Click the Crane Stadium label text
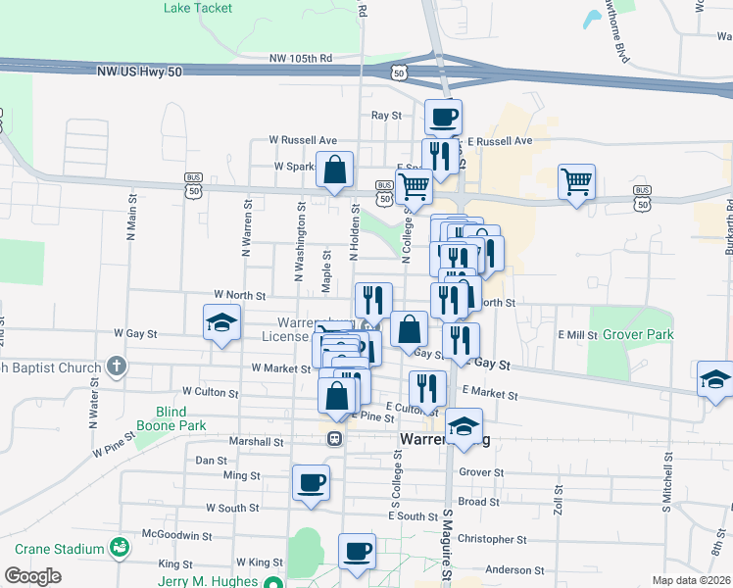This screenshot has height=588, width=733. [53, 547]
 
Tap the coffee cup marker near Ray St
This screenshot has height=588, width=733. [443, 118]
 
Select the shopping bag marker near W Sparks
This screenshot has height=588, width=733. [336, 169]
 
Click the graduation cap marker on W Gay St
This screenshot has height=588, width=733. [222, 321]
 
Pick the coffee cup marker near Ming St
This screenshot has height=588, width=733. [312, 482]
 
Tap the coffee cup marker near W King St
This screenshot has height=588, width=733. [358, 551]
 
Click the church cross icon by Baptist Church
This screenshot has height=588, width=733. [117, 367]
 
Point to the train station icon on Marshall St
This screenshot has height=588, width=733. [334, 440]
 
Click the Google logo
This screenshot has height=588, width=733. [33, 576]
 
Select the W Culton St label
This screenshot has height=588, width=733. [205, 391]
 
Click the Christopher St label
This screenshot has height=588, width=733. [492, 539]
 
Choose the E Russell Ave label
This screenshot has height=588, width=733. [499, 141]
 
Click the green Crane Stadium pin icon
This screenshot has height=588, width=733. [120, 547]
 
